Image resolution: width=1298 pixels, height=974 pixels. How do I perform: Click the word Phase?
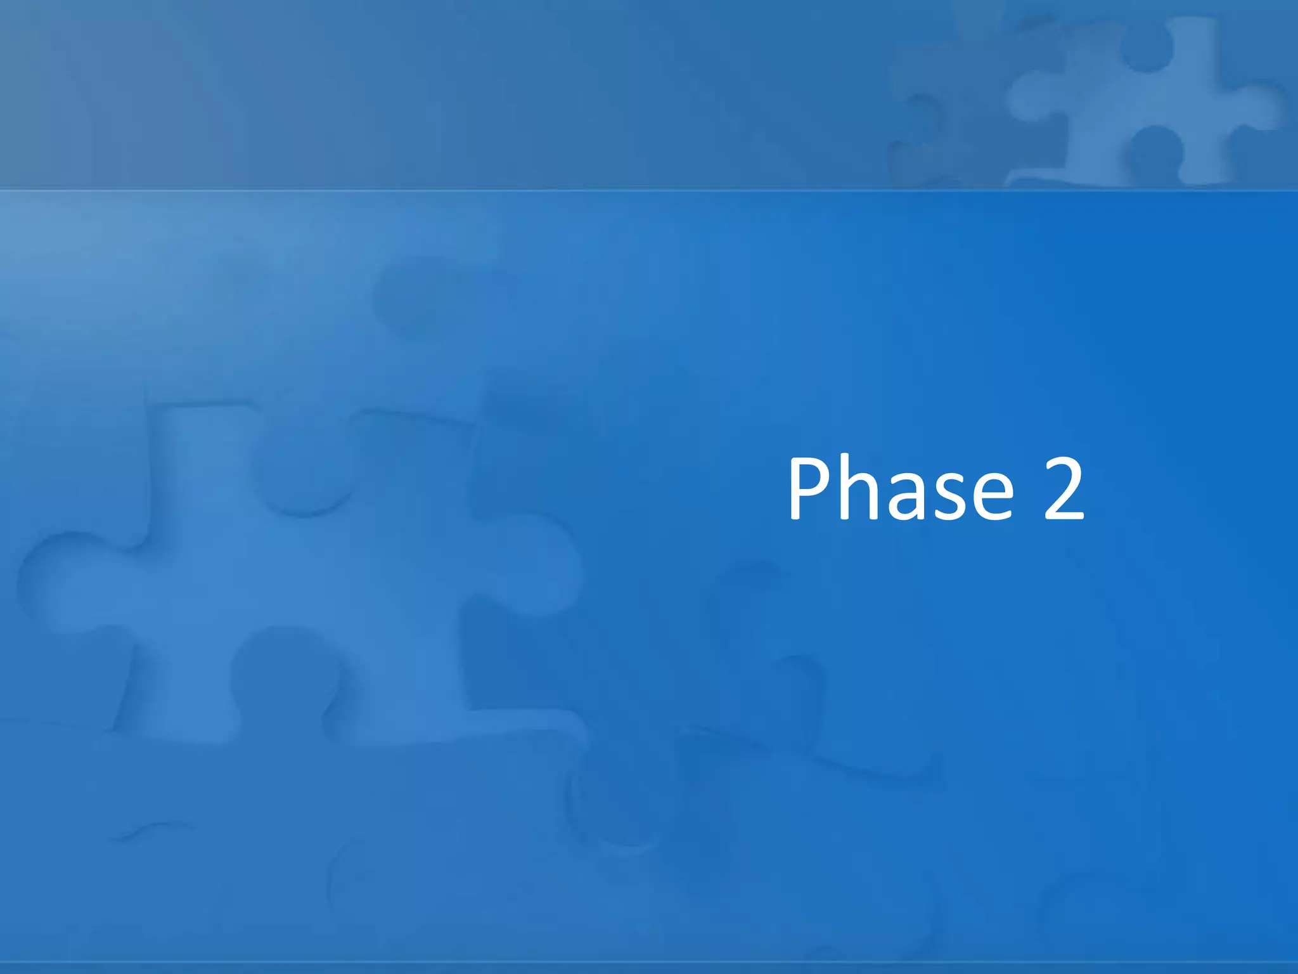point(900,490)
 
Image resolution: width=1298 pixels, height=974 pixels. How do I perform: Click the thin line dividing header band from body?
point(649,189)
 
